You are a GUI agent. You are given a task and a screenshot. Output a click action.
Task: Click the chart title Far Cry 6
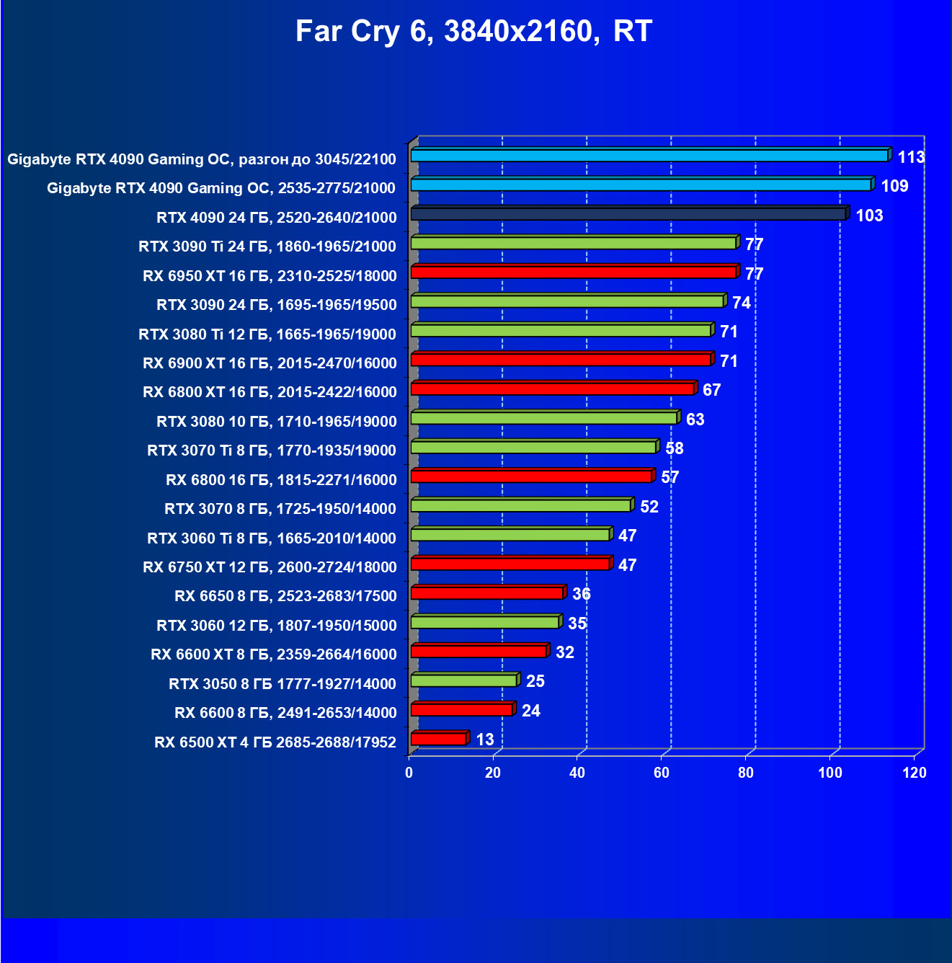(x=473, y=32)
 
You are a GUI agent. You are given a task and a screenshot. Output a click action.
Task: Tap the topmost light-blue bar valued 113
(x=649, y=156)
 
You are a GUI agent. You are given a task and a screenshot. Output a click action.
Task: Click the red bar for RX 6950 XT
(x=574, y=272)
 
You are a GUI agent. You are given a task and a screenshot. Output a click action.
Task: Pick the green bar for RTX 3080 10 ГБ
(x=544, y=418)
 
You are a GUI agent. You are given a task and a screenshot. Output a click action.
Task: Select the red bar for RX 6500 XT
(x=439, y=739)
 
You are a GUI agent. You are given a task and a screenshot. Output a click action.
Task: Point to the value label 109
(x=894, y=186)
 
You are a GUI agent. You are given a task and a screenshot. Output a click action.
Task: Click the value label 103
(x=869, y=216)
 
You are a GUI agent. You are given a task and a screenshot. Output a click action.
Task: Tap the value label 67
(x=711, y=390)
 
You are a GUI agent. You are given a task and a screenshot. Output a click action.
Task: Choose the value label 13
(x=485, y=740)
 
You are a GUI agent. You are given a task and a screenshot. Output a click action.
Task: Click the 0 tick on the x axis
(x=409, y=773)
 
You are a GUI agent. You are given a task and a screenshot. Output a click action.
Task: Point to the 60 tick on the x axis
(x=662, y=773)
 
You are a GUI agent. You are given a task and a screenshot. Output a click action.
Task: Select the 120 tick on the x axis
(x=915, y=773)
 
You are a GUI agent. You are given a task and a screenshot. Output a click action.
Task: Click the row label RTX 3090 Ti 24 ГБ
(x=267, y=247)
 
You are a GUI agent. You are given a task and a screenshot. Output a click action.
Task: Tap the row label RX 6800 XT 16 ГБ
(x=270, y=392)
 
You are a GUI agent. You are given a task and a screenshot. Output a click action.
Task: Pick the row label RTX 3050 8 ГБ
(x=283, y=684)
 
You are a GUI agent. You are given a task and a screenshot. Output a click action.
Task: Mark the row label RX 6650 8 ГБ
(x=285, y=596)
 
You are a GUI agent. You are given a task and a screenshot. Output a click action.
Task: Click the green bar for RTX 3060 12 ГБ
(x=485, y=622)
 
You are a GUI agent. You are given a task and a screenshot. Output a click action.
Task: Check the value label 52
(x=649, y=507)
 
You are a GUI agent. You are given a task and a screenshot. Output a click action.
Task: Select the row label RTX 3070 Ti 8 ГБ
(x=272, y=451)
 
